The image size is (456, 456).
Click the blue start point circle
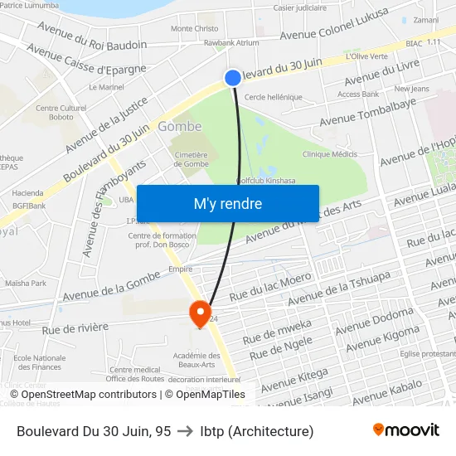(x=232, y=77)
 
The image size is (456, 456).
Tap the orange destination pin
(x=200, y=313)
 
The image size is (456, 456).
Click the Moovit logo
(x=405, y=430)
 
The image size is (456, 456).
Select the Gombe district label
(x=179, y=127)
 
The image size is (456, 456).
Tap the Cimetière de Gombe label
(x=191, y=159)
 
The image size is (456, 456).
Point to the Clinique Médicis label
(x=330, y=154)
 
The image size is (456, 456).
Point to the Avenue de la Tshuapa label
(x=338, y=287)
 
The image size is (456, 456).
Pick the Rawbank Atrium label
(x=231, y=42)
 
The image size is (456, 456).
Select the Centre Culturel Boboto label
(x=61, y=113)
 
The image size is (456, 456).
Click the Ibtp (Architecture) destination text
(x=257, y=431)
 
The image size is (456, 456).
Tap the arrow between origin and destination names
(x=186, y=431)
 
